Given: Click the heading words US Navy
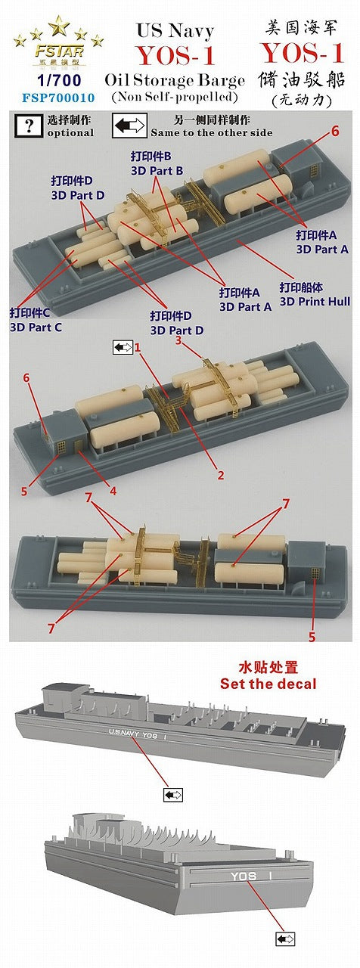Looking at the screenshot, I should (x=174, y=31).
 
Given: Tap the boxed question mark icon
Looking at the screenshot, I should (x=29, y=126).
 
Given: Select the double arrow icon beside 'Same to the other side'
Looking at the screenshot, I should (x=129, y=126).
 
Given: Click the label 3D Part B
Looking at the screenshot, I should (x=156, y=171).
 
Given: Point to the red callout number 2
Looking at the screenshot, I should (x=221, y=476).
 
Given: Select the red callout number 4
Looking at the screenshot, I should (x=113, y=491).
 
